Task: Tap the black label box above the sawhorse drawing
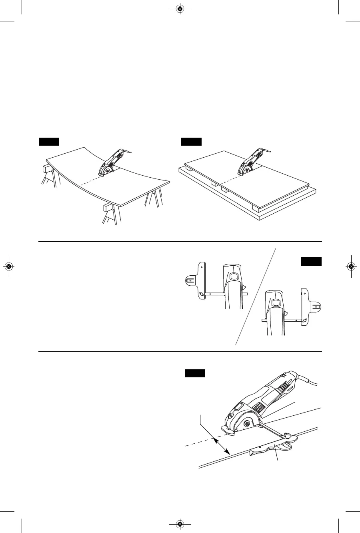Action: (49, 141)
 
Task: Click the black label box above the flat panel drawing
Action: (191, 141)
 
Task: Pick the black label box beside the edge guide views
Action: (311, 262)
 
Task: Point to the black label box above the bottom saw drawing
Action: (195, 373)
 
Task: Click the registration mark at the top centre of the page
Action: (180, 8)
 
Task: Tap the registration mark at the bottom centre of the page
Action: (180, 524)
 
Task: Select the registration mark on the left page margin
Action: (8, 266)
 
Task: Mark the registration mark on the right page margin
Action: (351, 266)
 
